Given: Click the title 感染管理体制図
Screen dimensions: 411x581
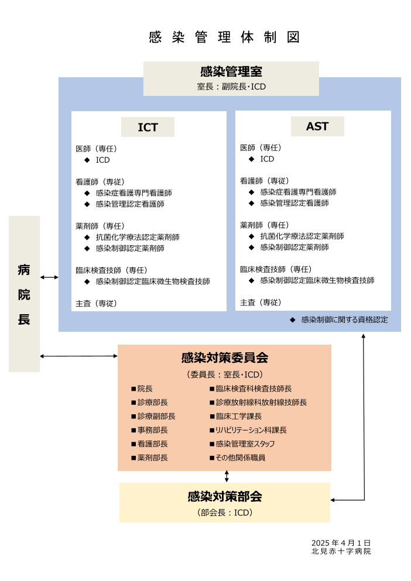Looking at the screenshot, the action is click(224, 37).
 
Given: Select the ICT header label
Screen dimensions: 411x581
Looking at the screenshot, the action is click(148, 127).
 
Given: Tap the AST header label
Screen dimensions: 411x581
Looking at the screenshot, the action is click(317, 126).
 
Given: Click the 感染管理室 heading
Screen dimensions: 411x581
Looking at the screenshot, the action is click(231, 71).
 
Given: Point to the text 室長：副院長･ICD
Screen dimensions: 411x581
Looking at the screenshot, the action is click(231, 87).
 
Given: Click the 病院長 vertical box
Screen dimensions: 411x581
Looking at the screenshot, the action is click(24, 294).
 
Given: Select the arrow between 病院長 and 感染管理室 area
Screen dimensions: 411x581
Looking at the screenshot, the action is click(49, 277).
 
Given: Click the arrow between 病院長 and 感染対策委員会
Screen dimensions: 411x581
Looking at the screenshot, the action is click(78, 356).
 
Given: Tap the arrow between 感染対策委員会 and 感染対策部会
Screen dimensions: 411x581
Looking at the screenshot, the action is click(227, 476).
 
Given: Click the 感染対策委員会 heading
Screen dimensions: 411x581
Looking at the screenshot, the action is click(224, 357).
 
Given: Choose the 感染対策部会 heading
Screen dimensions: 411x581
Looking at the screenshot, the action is click(224, 497).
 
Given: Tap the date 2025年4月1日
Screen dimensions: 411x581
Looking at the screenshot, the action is click(341, 543).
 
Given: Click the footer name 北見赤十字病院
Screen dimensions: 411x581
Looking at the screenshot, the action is click(341, 551).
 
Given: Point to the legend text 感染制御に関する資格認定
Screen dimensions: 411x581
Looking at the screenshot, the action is click(344, 320).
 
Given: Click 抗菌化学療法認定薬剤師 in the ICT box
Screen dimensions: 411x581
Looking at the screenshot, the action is click(138, 237).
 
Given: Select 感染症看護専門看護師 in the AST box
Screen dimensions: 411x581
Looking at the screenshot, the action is click(298, 192).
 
